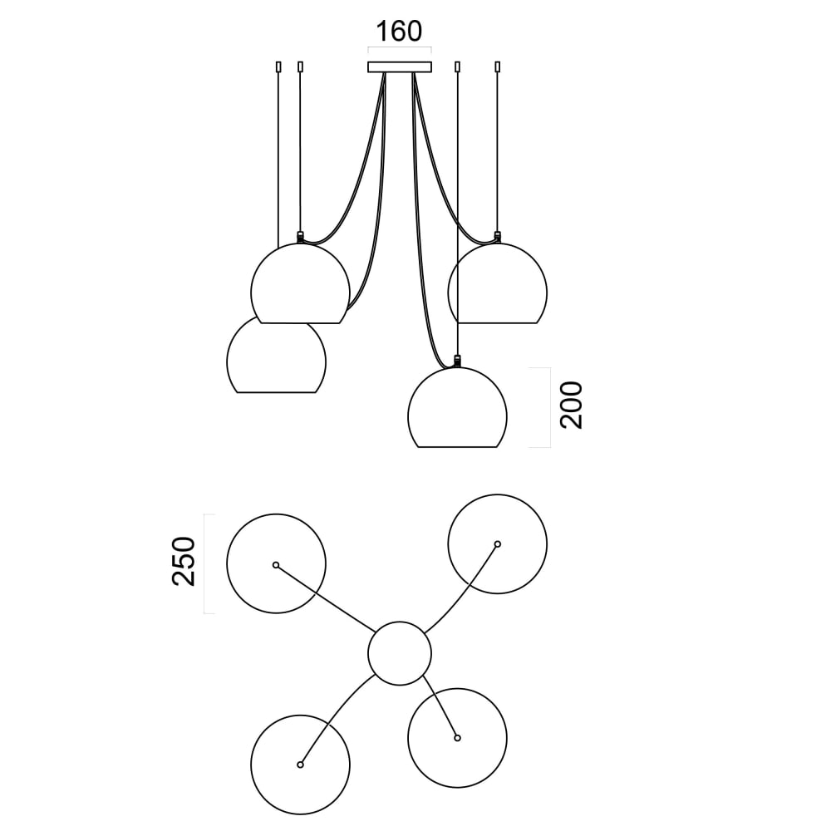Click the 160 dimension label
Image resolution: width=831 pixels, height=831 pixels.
tap(399, 32)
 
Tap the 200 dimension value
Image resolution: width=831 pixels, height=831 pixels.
tap(572, 406)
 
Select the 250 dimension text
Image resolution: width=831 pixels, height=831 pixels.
tap(184, 562)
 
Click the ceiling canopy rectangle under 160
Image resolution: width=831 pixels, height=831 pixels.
tap(400, 66)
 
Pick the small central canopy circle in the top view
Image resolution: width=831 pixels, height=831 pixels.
tap(400, 653)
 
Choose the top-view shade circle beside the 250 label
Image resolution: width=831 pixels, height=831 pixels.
tap(277, 563)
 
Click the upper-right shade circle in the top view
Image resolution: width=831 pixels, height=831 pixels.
tap(497, 544)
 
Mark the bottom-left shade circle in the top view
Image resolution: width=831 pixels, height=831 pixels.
tap(300, 764)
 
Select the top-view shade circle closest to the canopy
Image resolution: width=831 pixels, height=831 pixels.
tap(457, 737)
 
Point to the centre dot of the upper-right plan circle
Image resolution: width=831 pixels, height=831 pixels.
tap(497, 544)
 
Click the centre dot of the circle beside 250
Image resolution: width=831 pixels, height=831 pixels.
tap(276, 564)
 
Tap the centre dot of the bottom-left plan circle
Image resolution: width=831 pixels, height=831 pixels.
tap(300, 764)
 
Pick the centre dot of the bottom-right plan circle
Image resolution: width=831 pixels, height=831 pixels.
tap(457, 737)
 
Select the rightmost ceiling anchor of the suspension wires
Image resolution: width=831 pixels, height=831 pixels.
tap(498, 66)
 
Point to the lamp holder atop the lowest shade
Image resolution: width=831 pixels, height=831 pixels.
tap(456, 361)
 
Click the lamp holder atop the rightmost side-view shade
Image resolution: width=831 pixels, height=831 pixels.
tap(498, 237)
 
